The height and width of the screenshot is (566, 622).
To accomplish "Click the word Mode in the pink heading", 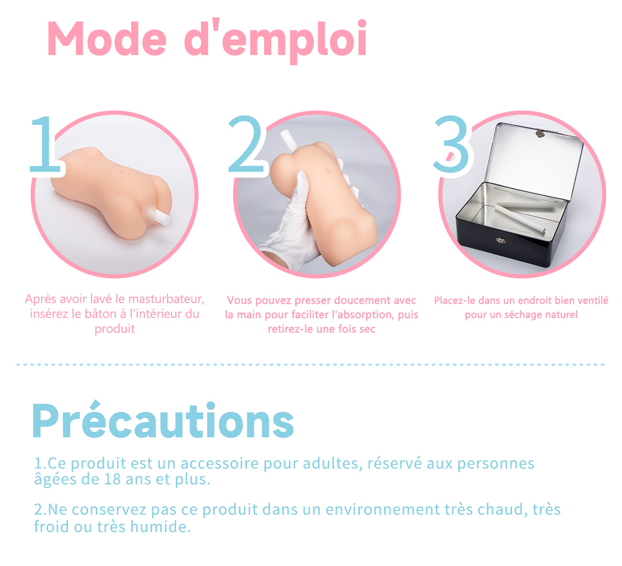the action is coord(107,39).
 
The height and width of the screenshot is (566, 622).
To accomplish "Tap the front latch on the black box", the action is coord(500,240).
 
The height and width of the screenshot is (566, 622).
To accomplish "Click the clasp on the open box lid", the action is coord(540,133).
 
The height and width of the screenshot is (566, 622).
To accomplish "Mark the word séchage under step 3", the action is coord(522,315).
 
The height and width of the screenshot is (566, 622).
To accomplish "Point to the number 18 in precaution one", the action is coord(112,479).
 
